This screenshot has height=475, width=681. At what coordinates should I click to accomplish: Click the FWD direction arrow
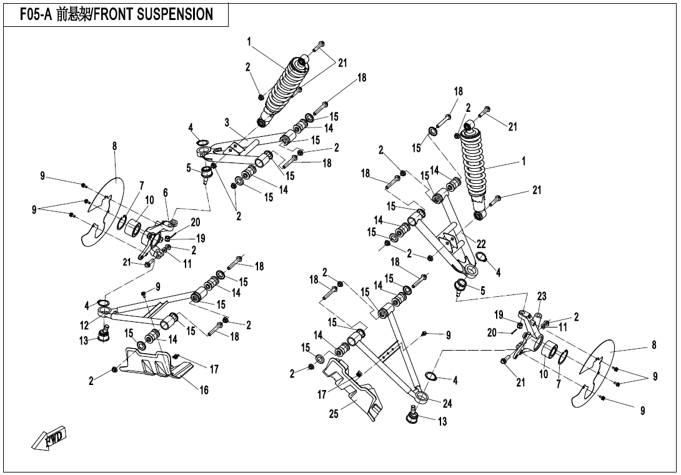[49, 440]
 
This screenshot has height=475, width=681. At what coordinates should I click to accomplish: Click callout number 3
[227, 121]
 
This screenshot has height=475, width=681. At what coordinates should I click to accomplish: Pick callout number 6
[166, 193]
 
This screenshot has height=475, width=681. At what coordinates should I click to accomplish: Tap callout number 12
[84, 325]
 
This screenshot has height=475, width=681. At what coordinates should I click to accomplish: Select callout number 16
[204, 391]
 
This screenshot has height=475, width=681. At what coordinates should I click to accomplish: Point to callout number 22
[480, 244]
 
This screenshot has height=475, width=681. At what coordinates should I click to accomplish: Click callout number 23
[542, 296]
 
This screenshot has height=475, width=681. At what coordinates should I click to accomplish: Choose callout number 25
[335, 414]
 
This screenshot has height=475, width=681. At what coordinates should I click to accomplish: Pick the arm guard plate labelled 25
[353, 394]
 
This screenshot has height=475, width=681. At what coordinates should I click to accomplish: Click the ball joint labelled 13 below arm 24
[413, 414]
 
